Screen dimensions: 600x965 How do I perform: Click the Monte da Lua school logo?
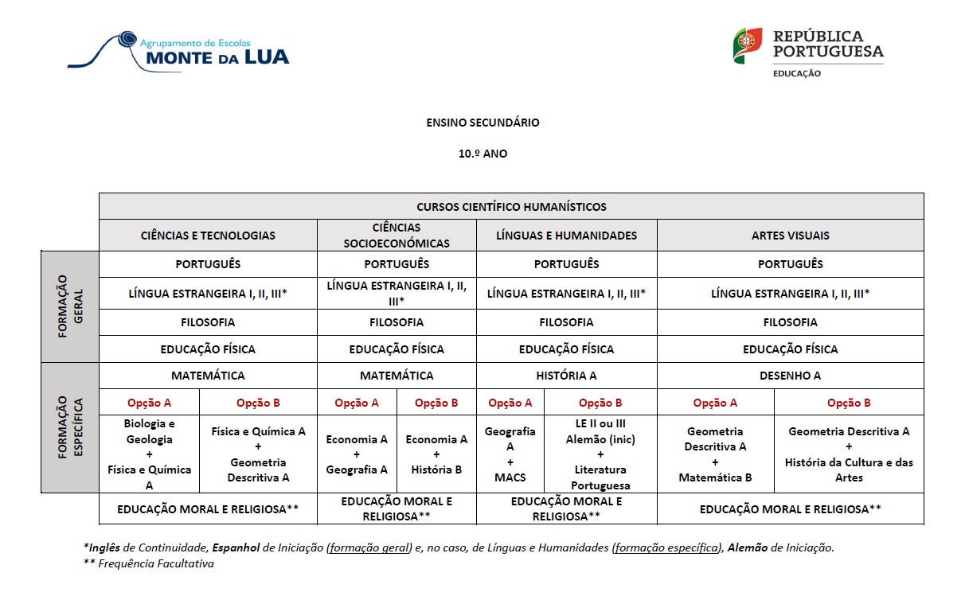178,49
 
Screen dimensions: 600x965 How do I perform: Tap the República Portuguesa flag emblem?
748,45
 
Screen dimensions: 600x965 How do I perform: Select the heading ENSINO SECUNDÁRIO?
482,123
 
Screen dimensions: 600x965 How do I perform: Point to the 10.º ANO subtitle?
482,154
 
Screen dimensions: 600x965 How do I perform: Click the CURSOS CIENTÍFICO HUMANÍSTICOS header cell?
511,207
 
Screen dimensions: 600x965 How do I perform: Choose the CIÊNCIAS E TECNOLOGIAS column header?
208,236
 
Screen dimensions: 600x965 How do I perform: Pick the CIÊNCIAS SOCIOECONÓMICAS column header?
397,236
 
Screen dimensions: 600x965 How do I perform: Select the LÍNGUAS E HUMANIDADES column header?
566,236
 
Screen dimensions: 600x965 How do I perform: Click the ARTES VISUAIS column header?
790,236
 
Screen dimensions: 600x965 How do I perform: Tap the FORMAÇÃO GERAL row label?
69,306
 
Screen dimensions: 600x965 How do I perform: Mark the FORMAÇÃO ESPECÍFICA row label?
69,427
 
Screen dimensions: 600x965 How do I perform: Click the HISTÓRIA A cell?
566,376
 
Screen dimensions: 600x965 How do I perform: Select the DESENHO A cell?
790,376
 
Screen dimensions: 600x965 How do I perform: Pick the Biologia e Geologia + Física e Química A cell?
149,454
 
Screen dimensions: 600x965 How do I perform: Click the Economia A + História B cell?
436,454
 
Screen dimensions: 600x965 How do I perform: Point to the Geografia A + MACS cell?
510,454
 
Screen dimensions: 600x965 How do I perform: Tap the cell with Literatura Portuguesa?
600,454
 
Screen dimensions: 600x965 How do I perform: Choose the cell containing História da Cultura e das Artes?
849,454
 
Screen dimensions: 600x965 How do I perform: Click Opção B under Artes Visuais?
849,403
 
